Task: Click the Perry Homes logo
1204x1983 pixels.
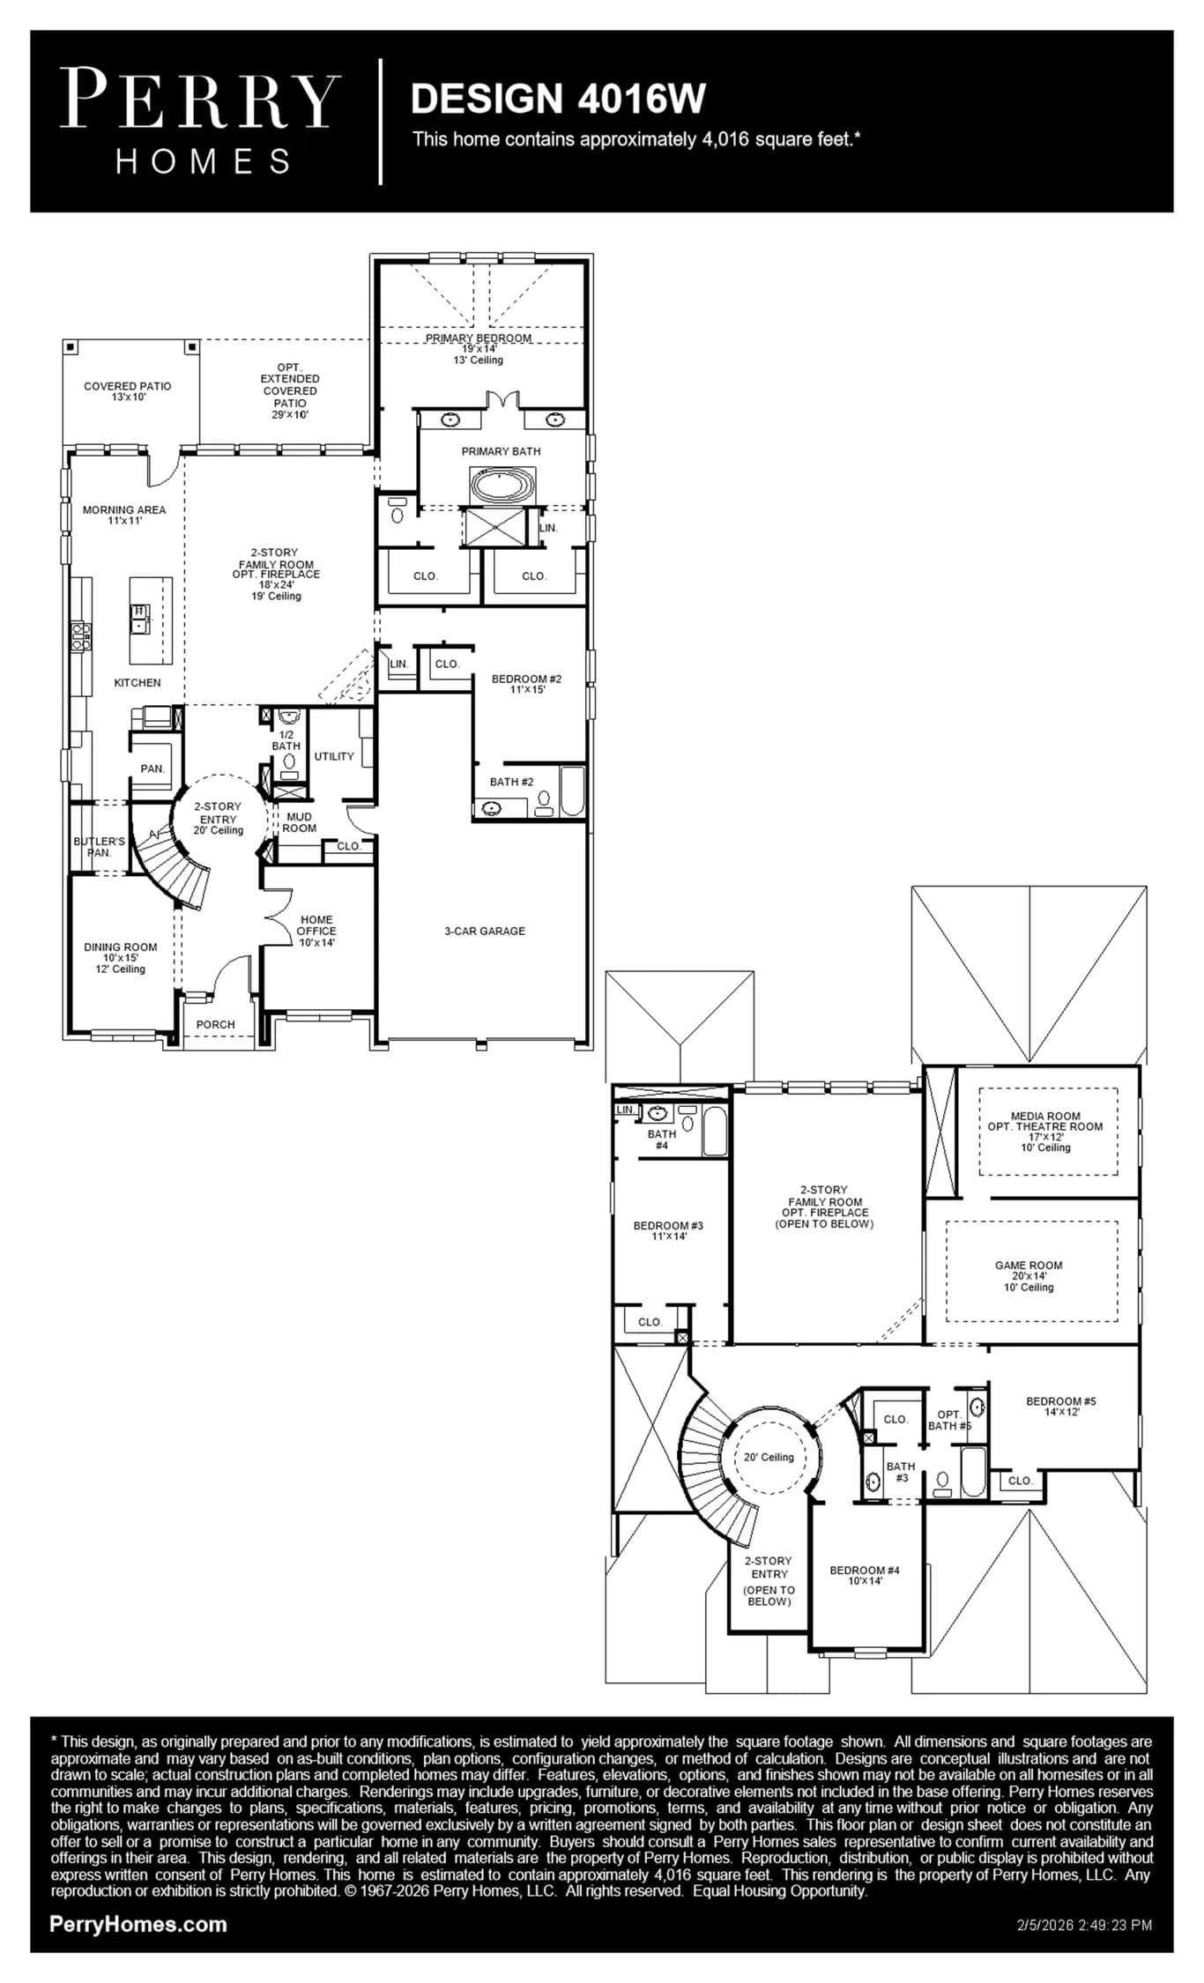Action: tap(200, 122)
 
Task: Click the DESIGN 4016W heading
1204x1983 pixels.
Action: tap(558, 99)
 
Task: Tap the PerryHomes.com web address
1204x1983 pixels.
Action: tap(138, 1924)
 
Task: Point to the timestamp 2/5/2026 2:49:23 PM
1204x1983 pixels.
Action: tap(1084, 1925)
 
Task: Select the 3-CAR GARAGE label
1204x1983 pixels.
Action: tap(485, 931)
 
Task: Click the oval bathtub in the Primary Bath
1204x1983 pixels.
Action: tap(502, 486)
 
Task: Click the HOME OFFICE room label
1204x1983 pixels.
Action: tap(316, 925)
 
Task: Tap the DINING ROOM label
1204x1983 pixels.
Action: tap(121, 947)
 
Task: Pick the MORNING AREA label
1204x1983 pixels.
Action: tap(124, 509)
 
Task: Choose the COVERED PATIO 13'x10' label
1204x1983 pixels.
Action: tap(128, 391)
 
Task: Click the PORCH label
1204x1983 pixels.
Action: tap(216, 1025)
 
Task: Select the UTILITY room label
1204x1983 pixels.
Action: tap(334, 756)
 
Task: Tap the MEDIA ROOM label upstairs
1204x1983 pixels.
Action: tap(1045, 1116)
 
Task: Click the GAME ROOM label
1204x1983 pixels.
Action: tap(1029, 1266)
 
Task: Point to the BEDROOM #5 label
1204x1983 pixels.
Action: tap(1061, 1401)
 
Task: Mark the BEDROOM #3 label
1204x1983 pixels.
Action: tap(668, 1226)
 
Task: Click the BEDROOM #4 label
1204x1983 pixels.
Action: tap(865, 1571)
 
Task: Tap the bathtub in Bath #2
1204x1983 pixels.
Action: tap(572, 791)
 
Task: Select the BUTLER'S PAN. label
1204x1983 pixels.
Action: tap(99, 847)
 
